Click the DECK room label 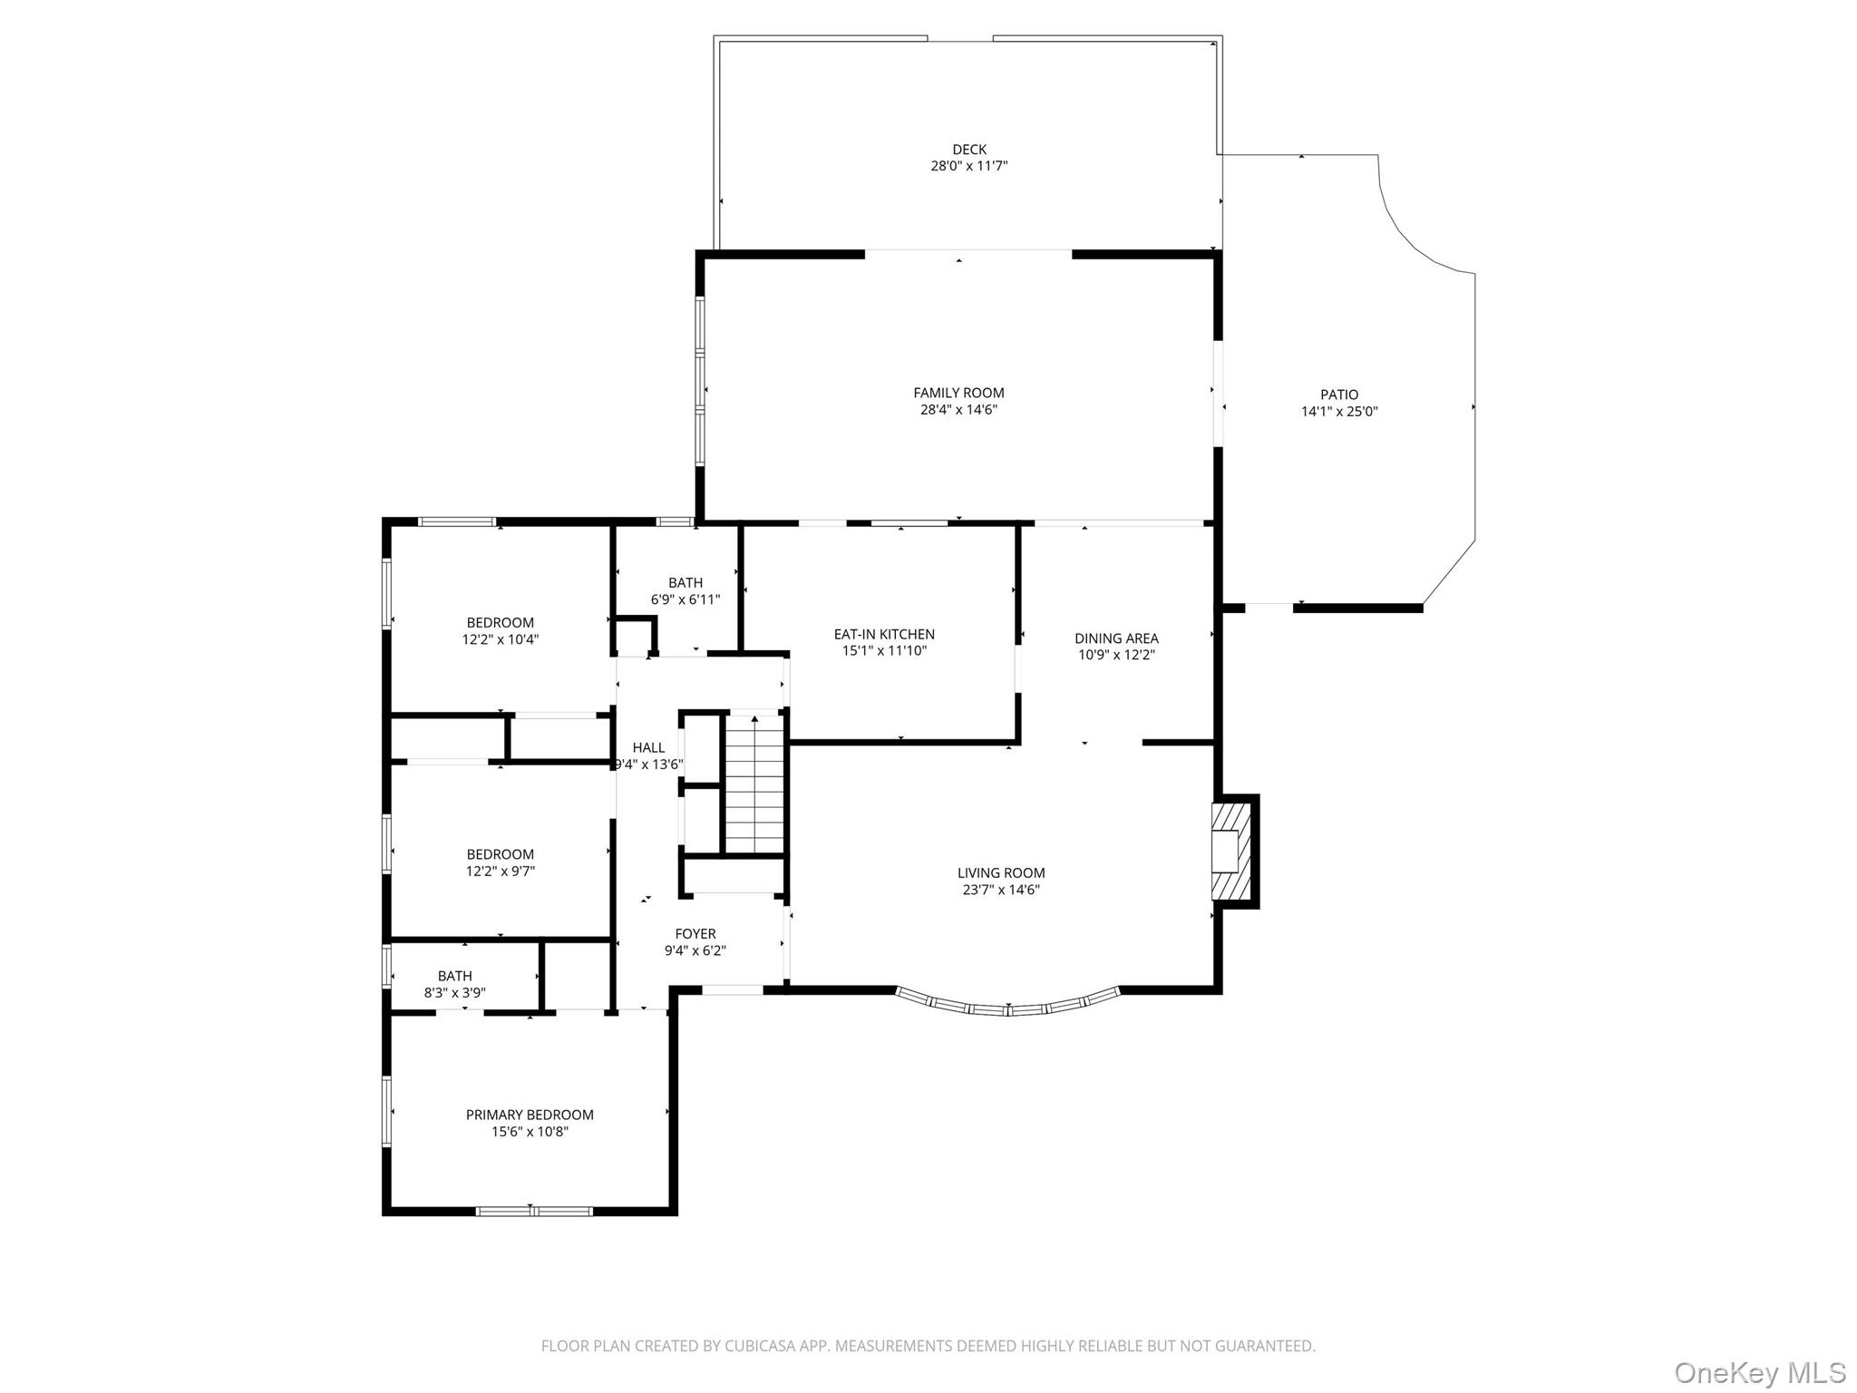coord(968,150)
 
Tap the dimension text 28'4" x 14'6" coord(958,410)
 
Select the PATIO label coord(1338,395)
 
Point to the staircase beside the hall coord(753,783)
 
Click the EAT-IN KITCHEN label coord(884,634)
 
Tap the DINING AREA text coord(1116,638)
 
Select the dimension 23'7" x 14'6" coord(1001,890)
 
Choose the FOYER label coord(695,934)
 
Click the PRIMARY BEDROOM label coord(530,1115)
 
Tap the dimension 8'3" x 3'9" coord(454,993)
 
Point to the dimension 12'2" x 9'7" coord(501,872)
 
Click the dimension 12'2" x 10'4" coord(501,639)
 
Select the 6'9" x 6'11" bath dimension coord(685,599)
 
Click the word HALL coord(648,747)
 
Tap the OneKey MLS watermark coord(1759,1372)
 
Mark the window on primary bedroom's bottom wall coord(534,1211)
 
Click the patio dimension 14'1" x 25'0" coord(1338,412)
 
